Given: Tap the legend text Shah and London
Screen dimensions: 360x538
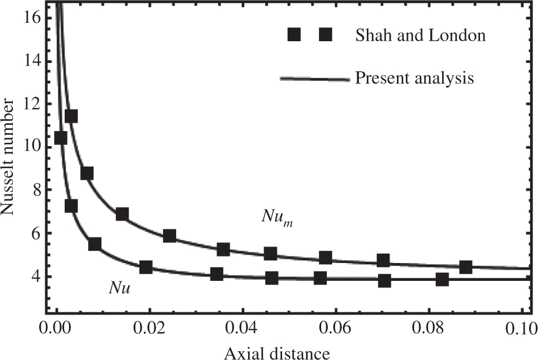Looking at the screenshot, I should [x=420, y=36].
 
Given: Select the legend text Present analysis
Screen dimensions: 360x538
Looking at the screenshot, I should [x=414, y=78].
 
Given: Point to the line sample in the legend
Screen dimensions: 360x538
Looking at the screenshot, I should [x=316, y=79].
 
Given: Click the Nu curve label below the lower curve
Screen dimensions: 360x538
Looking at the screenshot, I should [x=120, y=288].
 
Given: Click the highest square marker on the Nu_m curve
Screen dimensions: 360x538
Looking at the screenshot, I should [x=71, y=116].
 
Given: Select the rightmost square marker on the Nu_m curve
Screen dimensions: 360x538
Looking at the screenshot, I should [x=466, y=267].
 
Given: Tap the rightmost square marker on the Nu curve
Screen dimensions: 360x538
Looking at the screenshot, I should [x=442, y=279].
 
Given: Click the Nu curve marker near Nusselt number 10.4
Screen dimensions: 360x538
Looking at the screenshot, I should [x=60, y=138].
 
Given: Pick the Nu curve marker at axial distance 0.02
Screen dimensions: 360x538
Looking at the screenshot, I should [x=146, y=267].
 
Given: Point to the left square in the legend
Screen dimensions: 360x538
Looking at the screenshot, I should [x=294, y=36].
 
